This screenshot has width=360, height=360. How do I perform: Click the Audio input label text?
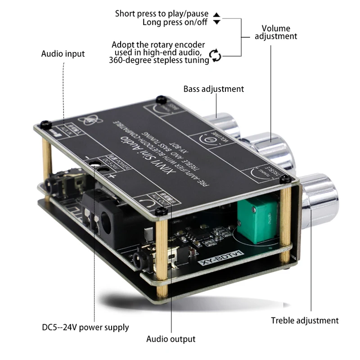pyautogui.click(x=63, y=54)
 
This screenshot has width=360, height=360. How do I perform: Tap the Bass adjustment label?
pyautogui.click(x=213, y=89)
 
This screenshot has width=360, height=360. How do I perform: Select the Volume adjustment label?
pyautogui.click(x=276, y=32)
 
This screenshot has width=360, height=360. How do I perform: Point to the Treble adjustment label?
pyautogui.click(x=305, y=320)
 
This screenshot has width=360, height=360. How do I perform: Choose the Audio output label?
pyautogui.click(x=171, y=339)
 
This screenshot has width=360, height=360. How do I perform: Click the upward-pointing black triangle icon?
pyautogui.click(x=217, y=14)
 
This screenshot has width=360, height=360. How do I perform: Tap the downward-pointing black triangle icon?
pyautogui.click(x=217, y=22)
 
